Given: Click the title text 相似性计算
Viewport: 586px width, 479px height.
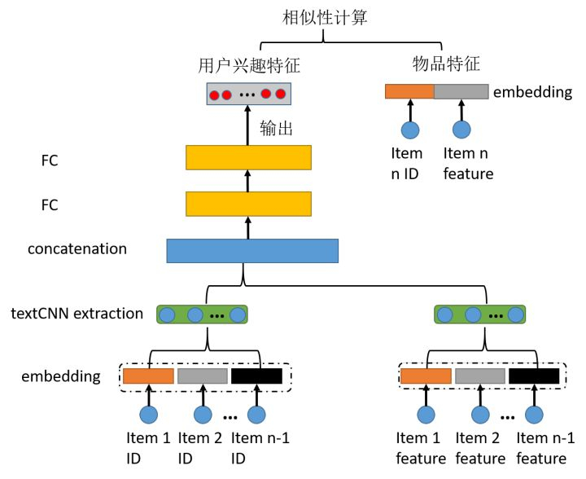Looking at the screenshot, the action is [x=325, y=18].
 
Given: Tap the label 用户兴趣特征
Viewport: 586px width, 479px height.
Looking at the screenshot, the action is [x=249, y=65].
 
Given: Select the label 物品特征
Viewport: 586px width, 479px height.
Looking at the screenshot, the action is [x=446, y=64].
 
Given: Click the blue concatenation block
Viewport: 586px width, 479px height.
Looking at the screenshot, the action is [x=252, y=251].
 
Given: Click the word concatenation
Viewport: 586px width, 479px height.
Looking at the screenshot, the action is [x=77, y=248].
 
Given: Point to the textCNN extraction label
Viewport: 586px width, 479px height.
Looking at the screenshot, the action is [x=77, y=314].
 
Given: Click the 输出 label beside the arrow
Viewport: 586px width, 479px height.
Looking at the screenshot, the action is [x=276, y=128].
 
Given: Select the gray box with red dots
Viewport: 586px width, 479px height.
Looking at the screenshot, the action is [x=249, y=94].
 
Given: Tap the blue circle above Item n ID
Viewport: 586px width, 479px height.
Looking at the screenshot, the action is [x=410, y=130].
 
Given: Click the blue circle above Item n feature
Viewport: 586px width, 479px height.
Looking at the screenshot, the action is [x=461, y=130].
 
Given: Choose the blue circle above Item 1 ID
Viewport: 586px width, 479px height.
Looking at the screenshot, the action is [x=148, y=415].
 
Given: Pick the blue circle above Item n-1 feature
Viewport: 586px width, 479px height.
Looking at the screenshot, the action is [x=534, y=415].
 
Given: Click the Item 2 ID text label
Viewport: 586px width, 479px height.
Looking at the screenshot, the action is [x=200, y=448].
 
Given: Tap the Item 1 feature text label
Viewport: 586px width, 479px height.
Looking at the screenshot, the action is [x=421, y=448].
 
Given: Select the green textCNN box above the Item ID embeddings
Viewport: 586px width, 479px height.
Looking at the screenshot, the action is [x=202, y=314].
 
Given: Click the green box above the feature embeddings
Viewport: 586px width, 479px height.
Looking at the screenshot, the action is [x=480, y=314].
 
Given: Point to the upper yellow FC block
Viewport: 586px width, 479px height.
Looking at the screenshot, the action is [x=248, y=157].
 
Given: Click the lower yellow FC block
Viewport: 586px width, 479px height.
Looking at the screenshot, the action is [x=248, y=204].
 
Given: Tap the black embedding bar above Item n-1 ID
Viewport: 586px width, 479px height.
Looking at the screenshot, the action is [x=256, y=376].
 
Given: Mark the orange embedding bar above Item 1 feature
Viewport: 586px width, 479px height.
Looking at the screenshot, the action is [x=426, y=376].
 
